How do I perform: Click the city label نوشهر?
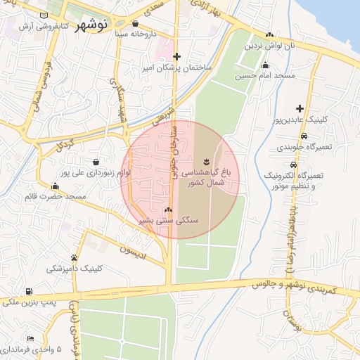[x=91, y=23]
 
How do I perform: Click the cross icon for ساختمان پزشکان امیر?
[x=177, y=56]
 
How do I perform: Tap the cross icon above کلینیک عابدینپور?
[x=300, y=108]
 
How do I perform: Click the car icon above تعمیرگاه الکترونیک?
[x=304, y=165]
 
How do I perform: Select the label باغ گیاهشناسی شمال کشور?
[x=206, y=176]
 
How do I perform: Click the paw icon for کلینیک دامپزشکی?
[x=75, y=257]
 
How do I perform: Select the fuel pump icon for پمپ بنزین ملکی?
[x=28, y=291]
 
